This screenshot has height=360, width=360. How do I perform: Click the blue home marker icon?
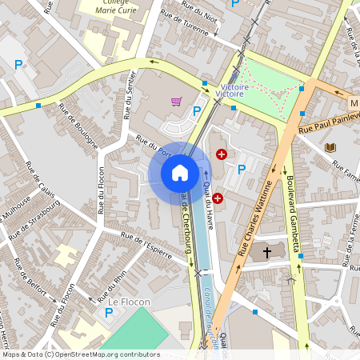179,172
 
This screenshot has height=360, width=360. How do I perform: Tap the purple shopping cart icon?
176,102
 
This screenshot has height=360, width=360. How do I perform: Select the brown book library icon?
330,147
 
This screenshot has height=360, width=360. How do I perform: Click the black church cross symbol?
267,252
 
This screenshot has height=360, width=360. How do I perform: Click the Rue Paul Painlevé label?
327,125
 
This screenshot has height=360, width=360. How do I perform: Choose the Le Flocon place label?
125,302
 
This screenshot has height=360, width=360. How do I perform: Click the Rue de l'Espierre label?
146,246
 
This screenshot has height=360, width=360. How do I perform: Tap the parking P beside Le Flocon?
109,313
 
